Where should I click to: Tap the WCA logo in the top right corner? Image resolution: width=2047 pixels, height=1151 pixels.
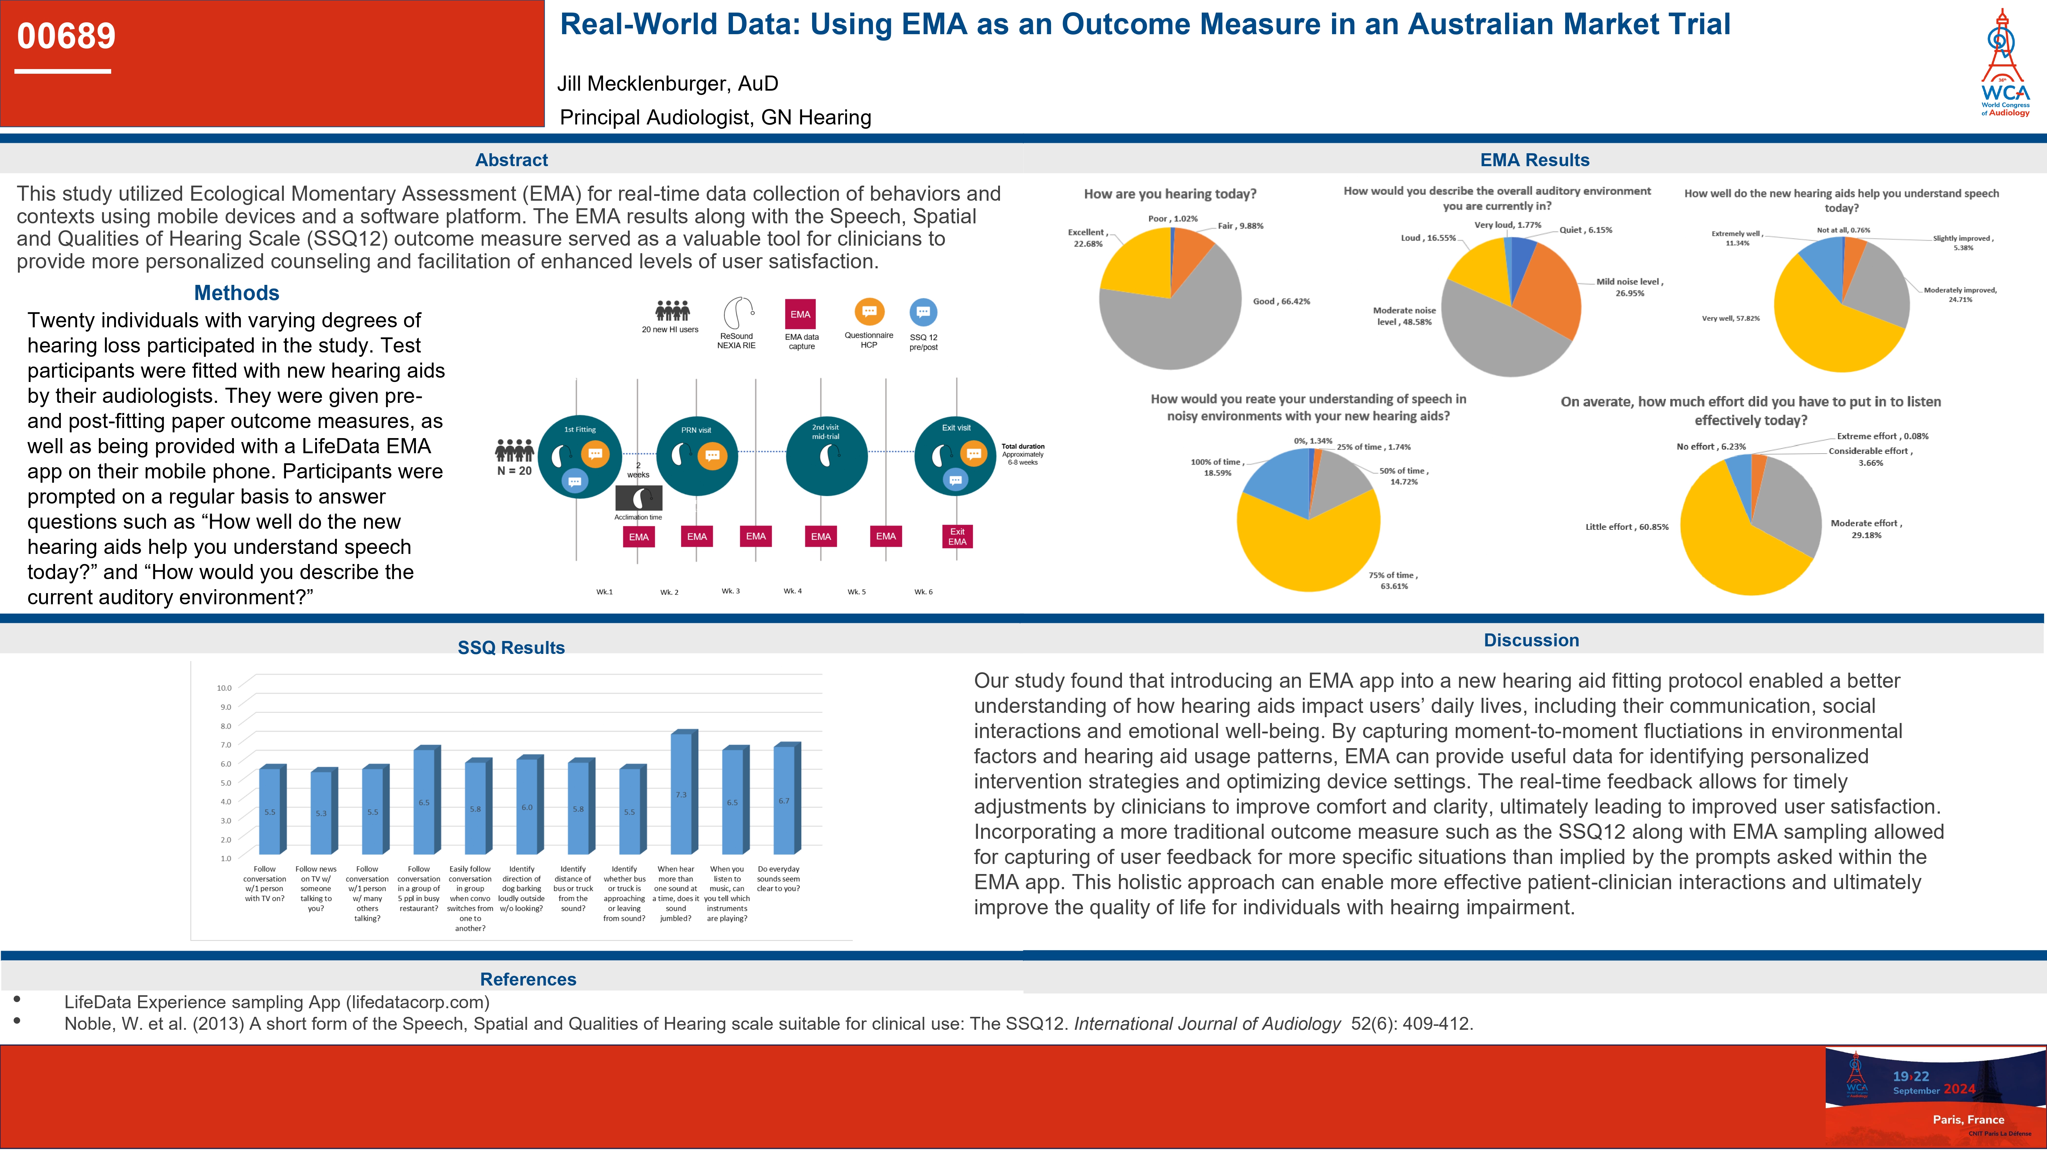coord(2004,64)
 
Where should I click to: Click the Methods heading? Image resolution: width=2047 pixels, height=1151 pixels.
coord(237,293)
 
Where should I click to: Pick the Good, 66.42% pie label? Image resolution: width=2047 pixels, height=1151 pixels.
coord(1281,302)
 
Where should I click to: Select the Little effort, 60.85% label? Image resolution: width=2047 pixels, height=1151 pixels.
coord(1627,527)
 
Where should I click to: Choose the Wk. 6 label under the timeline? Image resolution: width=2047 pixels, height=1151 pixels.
coord(923,592)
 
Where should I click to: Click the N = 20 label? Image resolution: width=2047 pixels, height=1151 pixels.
coord(514,471)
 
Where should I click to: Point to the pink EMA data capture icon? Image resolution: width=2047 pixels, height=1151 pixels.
coord(800,315)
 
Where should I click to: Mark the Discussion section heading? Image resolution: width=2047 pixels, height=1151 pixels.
coord(1531,640)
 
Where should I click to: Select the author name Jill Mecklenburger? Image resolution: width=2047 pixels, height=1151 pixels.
coord(667,83)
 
